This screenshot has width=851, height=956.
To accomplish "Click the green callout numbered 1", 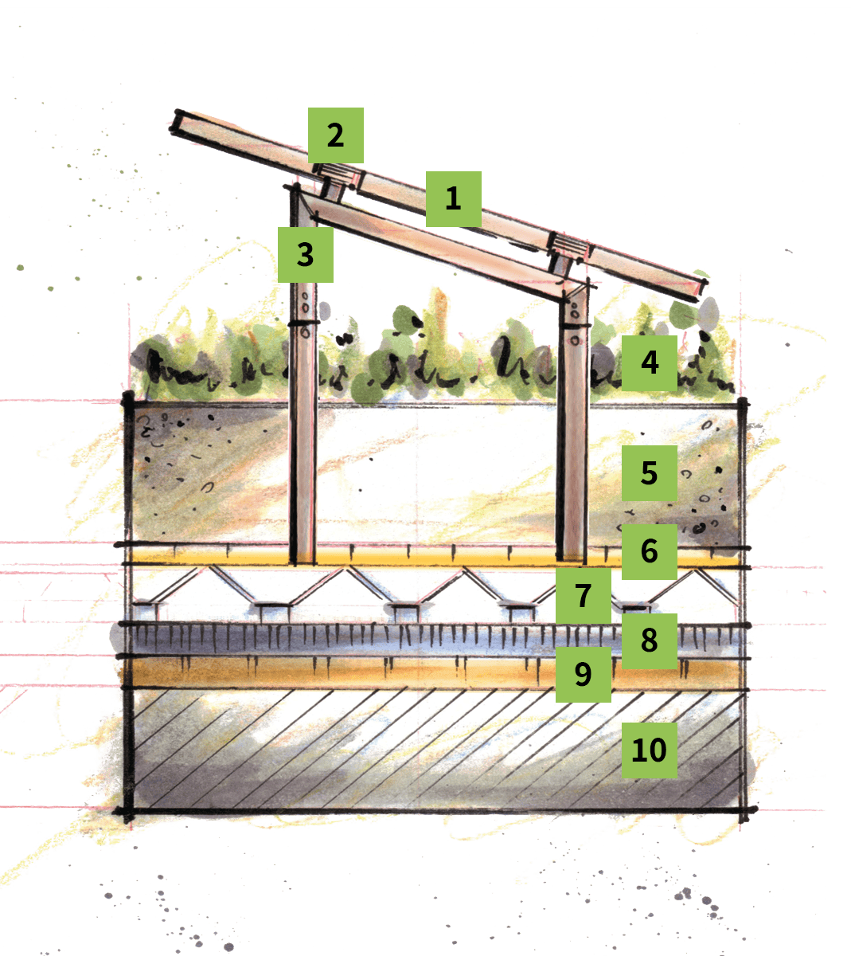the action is [453, 198].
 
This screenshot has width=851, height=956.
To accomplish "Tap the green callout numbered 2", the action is [336, 135].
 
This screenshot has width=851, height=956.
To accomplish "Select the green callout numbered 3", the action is [306, 255].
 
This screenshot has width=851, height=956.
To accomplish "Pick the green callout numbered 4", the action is [650, 362].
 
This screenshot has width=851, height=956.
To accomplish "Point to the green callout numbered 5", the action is [650, 472].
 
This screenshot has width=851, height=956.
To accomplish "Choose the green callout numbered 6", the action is [650, 551].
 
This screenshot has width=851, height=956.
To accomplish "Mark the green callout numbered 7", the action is [584, 595].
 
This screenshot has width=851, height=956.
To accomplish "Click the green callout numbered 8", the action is [650, 641].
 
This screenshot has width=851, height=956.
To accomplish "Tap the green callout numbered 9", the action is [584, 674].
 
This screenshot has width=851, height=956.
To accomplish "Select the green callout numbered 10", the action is [650, 750].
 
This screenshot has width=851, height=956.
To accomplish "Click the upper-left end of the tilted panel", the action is [175, 122].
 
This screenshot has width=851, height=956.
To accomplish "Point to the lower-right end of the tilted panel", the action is [701, 290].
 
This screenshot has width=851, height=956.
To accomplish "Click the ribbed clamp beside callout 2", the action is [337, 174].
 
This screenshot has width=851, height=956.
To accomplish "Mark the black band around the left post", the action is [303, 323].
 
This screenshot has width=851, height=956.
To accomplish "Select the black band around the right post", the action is [575, 325].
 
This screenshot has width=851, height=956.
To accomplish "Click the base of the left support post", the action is [303, 562].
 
